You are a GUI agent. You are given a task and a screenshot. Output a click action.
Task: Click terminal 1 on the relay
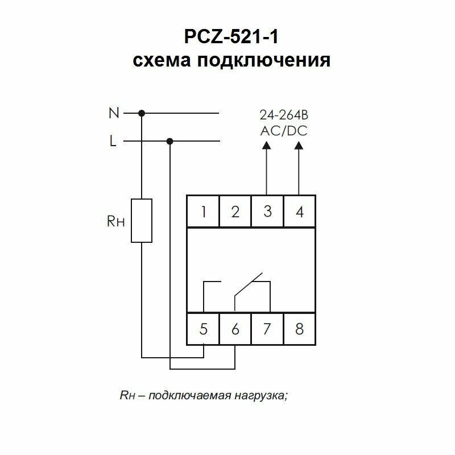(x=203, y=212)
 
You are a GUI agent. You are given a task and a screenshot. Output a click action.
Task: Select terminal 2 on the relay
(x=235, y=212)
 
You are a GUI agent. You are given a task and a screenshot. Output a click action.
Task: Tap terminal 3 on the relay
(x=267, y=212)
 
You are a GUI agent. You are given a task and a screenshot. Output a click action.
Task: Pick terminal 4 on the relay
(x=300, y=212)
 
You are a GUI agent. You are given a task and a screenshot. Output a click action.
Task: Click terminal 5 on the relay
(x=203, y=328)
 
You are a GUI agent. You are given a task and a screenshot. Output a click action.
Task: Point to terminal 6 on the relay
(x=235, y=328)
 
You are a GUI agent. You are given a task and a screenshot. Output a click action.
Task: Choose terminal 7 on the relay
(x=267, y=328)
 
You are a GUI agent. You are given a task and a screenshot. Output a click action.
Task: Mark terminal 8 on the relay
(x=300, y=328)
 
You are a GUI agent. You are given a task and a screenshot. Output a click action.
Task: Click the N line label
(x=114, y=113)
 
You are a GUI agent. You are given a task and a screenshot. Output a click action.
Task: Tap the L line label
(x=113, y=141)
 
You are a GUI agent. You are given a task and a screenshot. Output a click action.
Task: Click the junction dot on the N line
(x=142, y=113)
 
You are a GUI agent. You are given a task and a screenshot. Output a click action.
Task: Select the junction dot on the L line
(x=169, y=141)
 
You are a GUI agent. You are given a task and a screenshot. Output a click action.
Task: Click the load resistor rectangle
(x=142, y=221)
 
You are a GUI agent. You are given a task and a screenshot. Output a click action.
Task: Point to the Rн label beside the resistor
(x=115, y=221)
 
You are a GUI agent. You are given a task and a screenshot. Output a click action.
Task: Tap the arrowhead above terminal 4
(x=300, y=145)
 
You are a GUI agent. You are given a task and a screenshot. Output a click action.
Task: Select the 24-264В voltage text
(x=283, y=116)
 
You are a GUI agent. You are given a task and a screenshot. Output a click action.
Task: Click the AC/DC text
(x=283, y=131)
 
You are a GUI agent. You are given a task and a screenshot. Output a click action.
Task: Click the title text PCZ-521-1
(x=231, y=39)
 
